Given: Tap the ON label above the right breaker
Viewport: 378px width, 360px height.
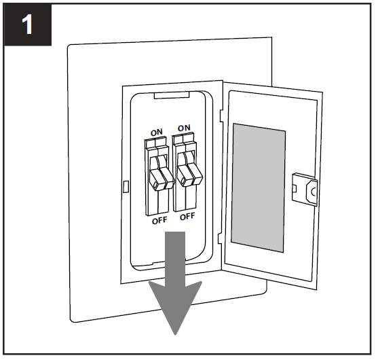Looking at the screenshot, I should click(x=184, y=128).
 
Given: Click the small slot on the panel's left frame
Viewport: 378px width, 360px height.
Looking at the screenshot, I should click(x=126, y=185).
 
